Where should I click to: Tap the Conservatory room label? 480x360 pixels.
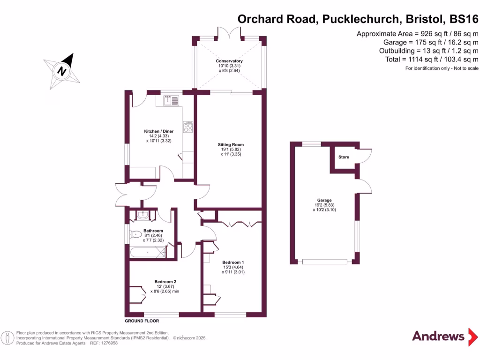(229, 61)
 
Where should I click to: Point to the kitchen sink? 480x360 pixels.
(172, 100)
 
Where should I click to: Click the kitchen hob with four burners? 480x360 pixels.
(188, 127)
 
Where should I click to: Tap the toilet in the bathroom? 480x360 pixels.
(136, 234)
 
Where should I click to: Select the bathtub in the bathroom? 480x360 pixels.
(147, 253)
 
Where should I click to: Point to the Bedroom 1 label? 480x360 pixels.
(233, 262)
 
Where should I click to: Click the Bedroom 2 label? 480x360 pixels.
(165, 282)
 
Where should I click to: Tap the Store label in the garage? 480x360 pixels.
(344, 157)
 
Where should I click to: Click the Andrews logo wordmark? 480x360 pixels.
(438, 336)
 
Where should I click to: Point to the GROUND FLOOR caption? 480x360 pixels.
(142, 321)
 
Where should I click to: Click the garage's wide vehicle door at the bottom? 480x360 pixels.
(324, 262)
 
